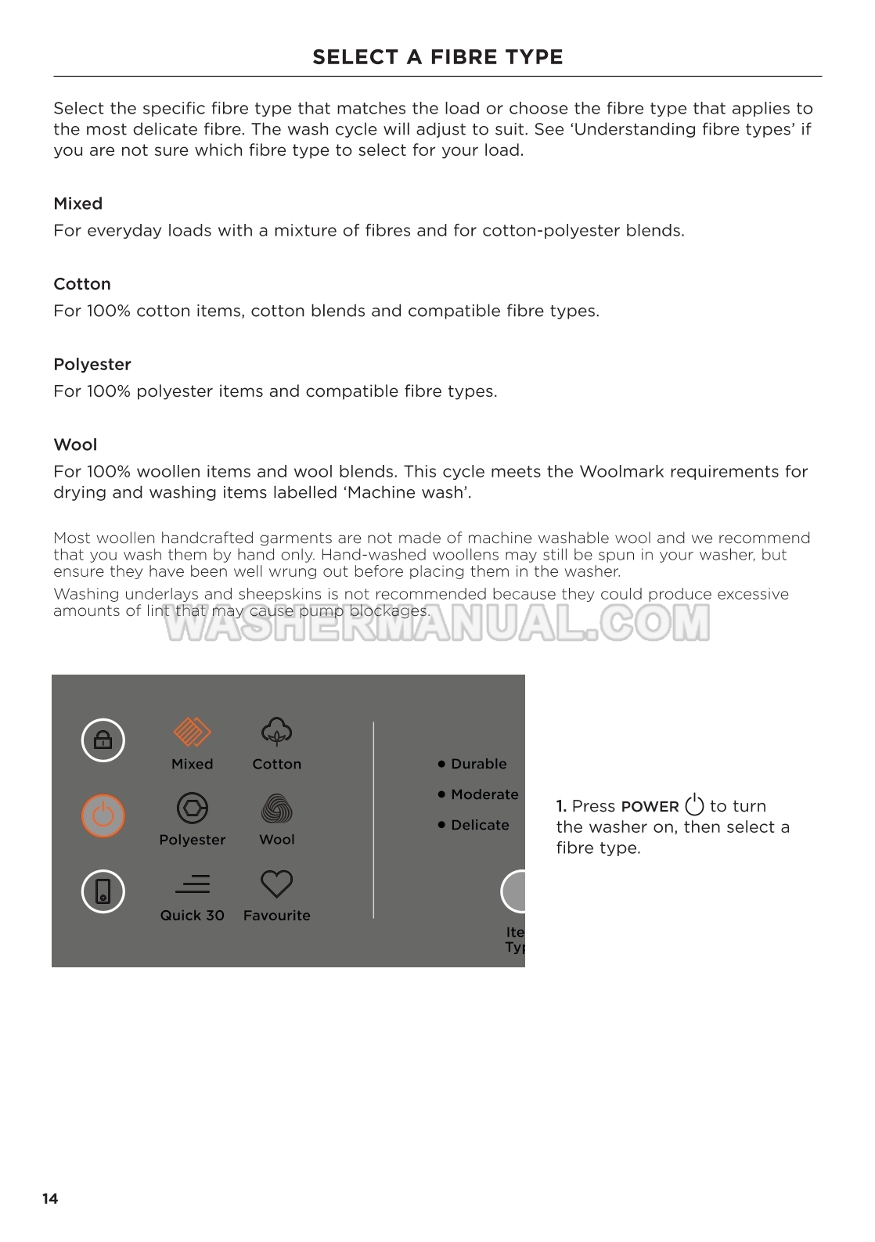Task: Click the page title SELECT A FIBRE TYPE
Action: [437, 57]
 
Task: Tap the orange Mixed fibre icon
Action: [192, 733]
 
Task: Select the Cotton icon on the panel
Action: [276, 732]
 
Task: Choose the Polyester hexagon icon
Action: [192, 808]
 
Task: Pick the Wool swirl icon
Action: [276, 808]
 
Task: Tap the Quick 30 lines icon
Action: [193, 884]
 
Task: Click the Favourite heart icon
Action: [276, 884]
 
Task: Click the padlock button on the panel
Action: [103, 740]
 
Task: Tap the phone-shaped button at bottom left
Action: [103, 891]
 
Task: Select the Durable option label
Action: [478, 764]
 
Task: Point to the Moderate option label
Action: [484, 794]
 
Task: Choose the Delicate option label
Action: [480, 825]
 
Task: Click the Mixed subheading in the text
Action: [78, 203]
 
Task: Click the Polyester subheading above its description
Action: [92, 365]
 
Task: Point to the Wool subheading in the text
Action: [75, 445]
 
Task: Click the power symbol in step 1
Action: [694, 805]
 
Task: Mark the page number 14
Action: [50, 1199]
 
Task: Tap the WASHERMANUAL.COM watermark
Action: [438, 624]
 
